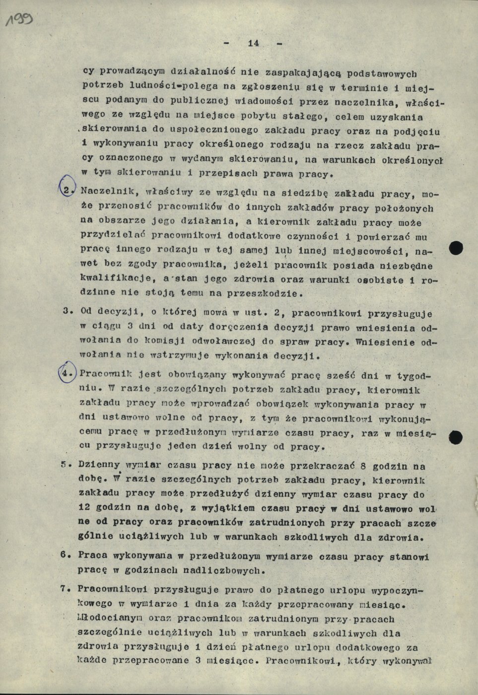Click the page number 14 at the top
tap(253, 43)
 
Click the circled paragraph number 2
tap(68, 191)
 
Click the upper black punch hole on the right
tap(456, 247)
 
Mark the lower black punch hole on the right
tap(455, 437)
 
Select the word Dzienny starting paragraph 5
tap(99, 465)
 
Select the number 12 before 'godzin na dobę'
tap(84, 508)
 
